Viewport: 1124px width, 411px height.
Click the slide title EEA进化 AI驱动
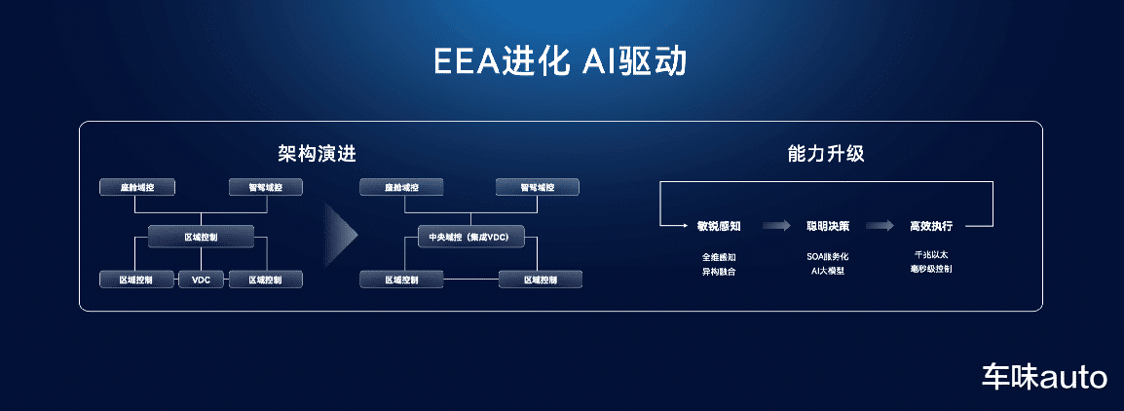[561, 60]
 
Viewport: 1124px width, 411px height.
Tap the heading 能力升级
[826, 154]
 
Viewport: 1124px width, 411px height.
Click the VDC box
[202, 280]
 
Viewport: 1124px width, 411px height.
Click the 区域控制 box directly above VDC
[202, 237]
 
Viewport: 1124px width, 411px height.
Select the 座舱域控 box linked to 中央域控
[402, 187]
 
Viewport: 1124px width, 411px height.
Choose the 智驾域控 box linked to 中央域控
[537, 187]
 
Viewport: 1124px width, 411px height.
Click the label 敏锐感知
[719, 226]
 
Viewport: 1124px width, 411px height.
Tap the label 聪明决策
[828, 226]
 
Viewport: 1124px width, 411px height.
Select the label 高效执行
[930, 226]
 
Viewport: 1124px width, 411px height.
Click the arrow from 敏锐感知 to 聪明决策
[775, 226]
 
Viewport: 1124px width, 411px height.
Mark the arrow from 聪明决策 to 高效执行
[880, 226]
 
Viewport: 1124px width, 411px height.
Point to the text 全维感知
[719, 257]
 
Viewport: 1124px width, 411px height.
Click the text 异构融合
[719, 272]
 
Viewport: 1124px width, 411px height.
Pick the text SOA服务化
[828, 257]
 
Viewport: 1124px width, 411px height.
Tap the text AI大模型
[828, 272]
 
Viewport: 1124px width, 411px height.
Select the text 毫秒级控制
[930, 268]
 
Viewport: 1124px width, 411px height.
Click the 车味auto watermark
[1043, 377]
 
